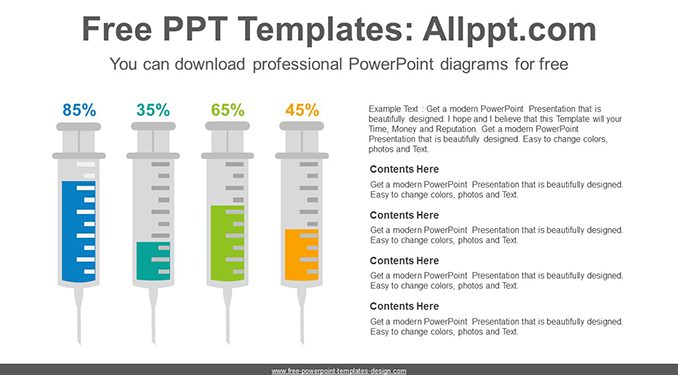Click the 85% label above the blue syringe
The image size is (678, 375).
tap(79, 110)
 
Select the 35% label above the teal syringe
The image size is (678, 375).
tap(153, 110)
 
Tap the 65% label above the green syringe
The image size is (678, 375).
tap(228, 110)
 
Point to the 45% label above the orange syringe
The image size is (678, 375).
tap(302, 110)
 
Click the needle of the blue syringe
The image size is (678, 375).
tap(79, 316)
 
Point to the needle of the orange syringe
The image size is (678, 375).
tap(302, 316)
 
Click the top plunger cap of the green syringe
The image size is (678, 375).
tap(227, 126)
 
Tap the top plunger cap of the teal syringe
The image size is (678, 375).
tap(154, 126)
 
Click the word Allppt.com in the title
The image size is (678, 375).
tap(509, 29)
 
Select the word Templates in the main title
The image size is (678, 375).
tap(322, 29)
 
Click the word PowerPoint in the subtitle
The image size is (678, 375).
tap(391, 64)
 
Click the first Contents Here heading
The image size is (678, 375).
tap(404, 169)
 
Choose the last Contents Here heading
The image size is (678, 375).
tap(404, 306)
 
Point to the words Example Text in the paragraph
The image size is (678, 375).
tap(393, 109)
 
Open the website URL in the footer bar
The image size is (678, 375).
tap(339, 371)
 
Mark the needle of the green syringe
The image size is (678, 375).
tap(227, 316)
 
